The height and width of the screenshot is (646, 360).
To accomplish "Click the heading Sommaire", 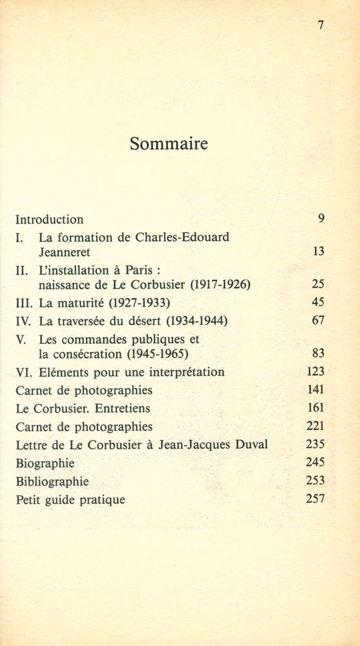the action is coord(169,143).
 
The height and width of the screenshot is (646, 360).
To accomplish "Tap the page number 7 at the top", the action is coord(321,25).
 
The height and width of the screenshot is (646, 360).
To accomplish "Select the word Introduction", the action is coord(49,219).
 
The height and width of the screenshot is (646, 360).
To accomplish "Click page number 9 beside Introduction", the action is coord(321,218).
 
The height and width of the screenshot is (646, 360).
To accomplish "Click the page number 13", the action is coord(318,251).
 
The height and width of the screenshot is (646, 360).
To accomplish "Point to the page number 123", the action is coord(315,371).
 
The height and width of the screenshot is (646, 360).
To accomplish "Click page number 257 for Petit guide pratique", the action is coord(315,499).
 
